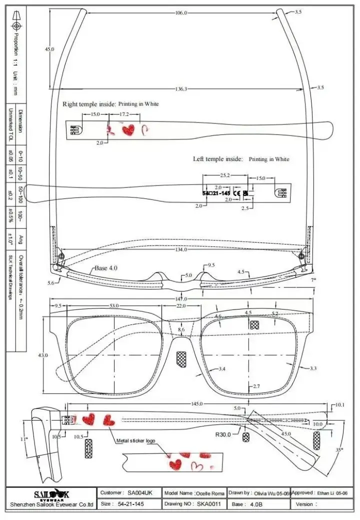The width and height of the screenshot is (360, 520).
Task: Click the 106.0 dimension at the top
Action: coord(181,13)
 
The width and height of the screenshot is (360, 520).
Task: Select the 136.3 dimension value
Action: coord(181,88)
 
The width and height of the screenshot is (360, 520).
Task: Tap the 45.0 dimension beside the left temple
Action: coord(49,49)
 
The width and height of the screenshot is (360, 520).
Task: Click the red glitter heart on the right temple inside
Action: coord(128,130)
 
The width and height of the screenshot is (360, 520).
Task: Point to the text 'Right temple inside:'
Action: coord(88,104)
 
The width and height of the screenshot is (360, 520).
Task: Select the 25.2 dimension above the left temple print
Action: coord(225,175)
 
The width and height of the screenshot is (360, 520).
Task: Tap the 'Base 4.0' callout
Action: coord(105,268)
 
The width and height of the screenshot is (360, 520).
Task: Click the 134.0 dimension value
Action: coord(181,249)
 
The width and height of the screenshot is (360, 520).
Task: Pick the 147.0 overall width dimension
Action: coord(181,298)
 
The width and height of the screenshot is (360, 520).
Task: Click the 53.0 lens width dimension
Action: coord(114,305)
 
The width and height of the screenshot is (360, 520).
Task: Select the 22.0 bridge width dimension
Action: coord(181,305)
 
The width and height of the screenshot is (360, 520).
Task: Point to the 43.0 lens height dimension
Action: coord(43,355)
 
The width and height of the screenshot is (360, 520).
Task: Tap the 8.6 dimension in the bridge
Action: coord(181,329)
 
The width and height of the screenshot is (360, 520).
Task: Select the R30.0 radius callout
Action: coord(222,434)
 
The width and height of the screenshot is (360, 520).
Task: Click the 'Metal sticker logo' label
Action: coord(135,441)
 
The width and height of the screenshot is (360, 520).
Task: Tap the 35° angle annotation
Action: coord(339,450)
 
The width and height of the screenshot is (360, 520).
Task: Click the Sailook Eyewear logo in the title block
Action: coord(51,495)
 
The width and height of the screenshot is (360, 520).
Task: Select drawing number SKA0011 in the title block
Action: coord(208,504)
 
